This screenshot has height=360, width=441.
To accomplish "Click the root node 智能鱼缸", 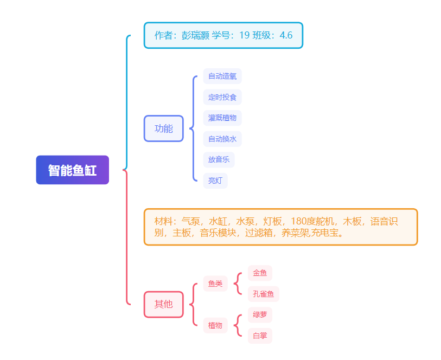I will (x=72, y=170).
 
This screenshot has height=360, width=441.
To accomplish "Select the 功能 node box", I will (x=163, y=128).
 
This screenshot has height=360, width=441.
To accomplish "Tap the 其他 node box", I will (x=163, y=304).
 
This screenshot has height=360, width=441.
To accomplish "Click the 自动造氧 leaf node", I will (x=222, y=76).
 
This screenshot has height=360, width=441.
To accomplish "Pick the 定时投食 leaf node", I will (x=222, y=98).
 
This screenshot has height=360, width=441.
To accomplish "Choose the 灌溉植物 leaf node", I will (x=222, y=118).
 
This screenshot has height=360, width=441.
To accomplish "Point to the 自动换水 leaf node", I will (x=222, y=139).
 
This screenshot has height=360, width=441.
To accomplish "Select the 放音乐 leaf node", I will (x=219, y=160).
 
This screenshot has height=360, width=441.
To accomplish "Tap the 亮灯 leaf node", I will (x=215, y=181).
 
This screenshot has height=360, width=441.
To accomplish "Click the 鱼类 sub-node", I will (x=215, y=284).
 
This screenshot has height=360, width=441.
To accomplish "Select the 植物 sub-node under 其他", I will (x=215, y=325).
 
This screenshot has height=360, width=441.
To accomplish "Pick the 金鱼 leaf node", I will (x=260, y=273).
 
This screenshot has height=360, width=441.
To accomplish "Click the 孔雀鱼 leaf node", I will (x=264, y=294).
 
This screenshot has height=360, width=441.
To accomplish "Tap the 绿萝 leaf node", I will (x=260, y=315).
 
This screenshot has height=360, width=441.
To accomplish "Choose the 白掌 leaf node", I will (x=260, y=336).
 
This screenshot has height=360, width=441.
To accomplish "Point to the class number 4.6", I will (x=286, y=36).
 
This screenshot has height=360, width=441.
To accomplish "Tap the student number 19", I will (x=244, y=36).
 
